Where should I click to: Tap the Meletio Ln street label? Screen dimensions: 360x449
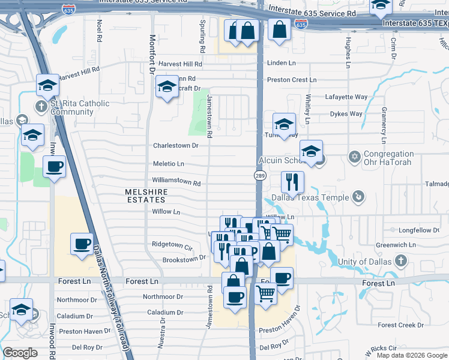click(x=168, y=164)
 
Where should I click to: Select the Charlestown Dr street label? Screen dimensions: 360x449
click(x=175, y=145)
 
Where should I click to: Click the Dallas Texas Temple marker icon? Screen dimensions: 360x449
click(x=358, y=196)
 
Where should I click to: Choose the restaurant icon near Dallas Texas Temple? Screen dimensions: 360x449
click(x=292, y=182)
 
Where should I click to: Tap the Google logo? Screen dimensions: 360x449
click(x=20, y=353)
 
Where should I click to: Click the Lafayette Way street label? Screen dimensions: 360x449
click(x=346, y=97)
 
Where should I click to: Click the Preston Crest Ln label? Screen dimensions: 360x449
click(x=292, y=80)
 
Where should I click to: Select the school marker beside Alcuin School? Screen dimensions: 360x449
click(x=311, y=152)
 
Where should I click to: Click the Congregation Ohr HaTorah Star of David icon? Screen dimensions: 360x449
click(x=354, y=157)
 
